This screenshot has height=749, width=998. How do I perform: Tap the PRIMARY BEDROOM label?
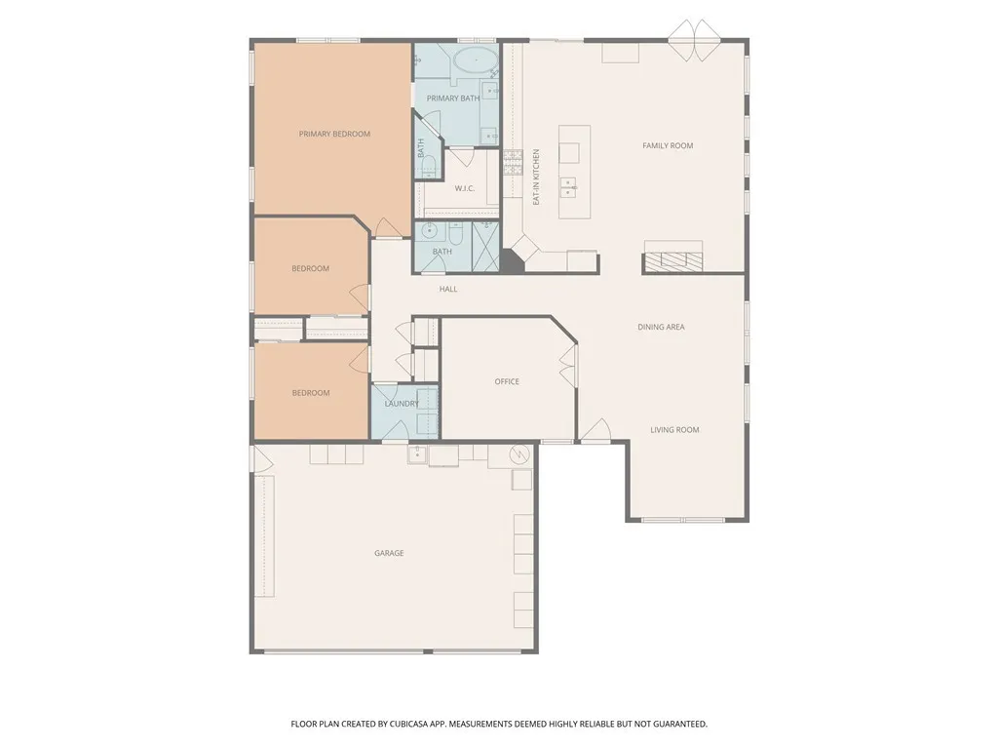tap(334, 135)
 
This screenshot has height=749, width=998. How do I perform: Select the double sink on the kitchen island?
tap(567, 186)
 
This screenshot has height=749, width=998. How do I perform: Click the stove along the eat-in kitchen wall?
tap(513, 160)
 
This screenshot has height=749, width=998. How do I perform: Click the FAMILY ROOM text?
tap(668, 146)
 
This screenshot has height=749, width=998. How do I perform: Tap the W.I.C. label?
tap(464, 188)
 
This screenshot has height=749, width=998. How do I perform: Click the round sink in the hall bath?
tap(426, 232)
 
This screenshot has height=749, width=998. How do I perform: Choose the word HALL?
tap(447, 290)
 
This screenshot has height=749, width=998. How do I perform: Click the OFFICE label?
tap(507, 382)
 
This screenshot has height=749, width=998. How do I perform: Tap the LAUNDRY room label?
tap(402, 404)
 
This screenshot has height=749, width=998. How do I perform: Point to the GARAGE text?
tap(389, 554)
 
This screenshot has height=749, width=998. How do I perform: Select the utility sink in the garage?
tap(416, 454)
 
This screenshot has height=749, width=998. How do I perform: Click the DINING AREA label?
tap(661, 328)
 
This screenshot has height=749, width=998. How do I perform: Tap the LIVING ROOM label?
tap(674, 430)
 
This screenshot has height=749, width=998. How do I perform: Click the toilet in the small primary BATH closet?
tap(428, 167)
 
